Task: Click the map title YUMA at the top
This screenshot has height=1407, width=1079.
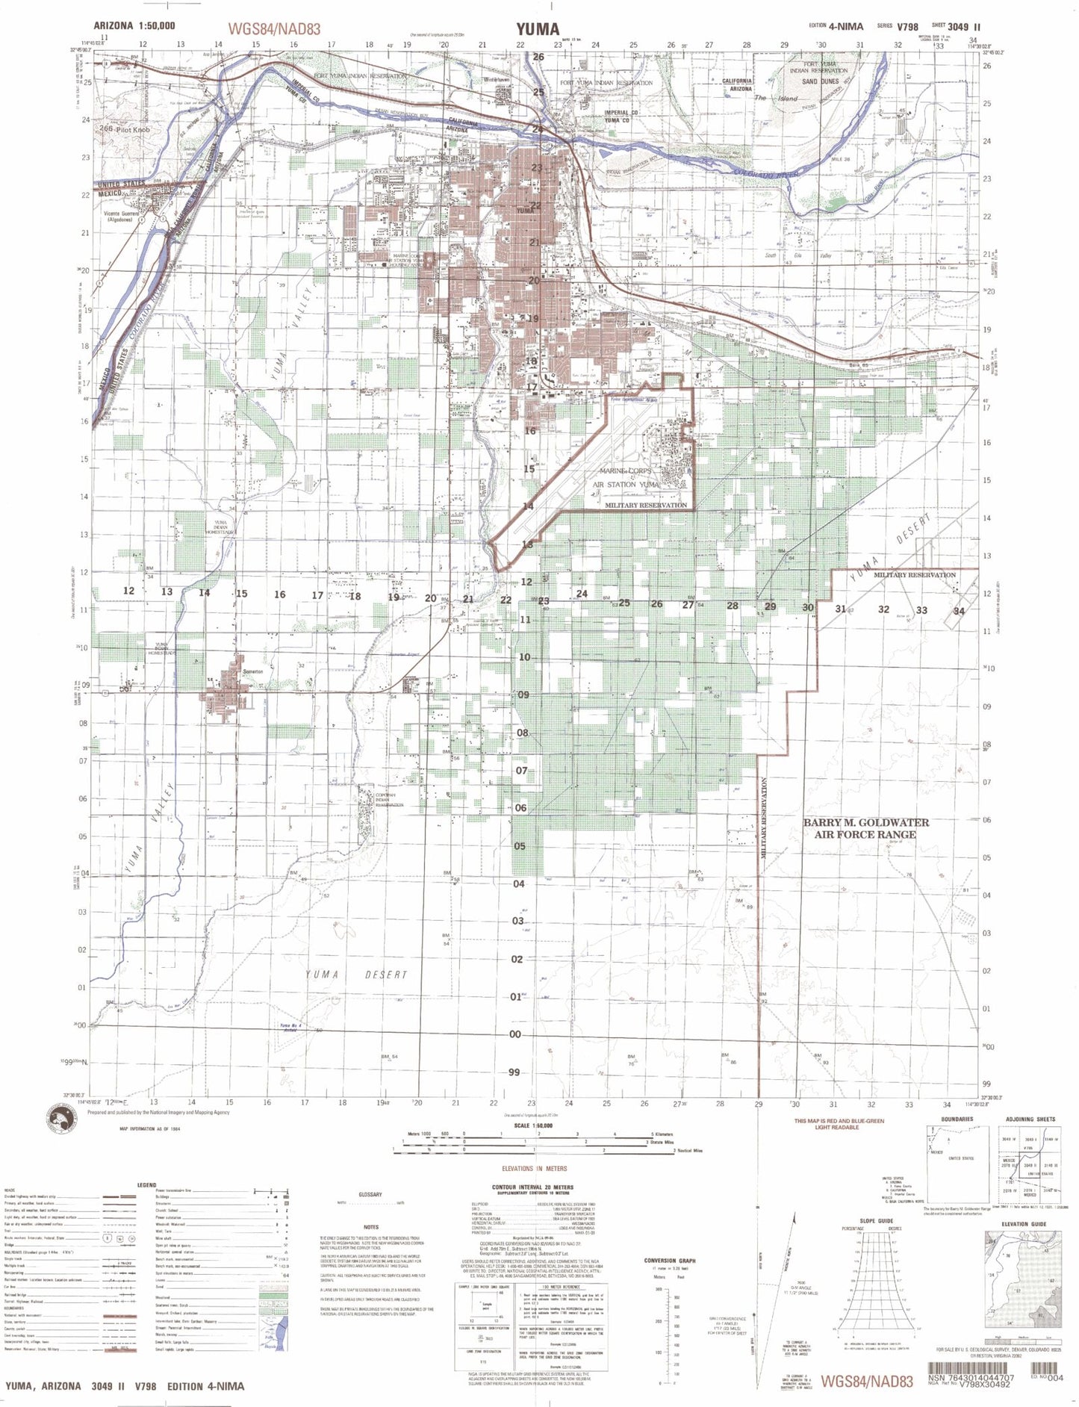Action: tap(537, 29)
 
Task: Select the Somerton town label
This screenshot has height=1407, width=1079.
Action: tap(253, 671)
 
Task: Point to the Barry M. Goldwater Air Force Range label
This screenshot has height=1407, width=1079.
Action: tap(865, 828)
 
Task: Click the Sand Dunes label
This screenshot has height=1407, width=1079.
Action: tap(820, 81)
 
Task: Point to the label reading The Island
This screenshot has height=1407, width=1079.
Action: tap(775, 98)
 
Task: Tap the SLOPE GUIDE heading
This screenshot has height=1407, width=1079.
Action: tap(875, 1221)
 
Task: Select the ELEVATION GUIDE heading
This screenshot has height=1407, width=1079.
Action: tap(1024, 1224)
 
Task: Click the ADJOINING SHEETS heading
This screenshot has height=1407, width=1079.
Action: tap(1030, 1119)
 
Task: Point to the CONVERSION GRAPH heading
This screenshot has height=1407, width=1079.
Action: tap(669, 1261)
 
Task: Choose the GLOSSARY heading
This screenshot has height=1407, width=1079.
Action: tap(370, 1194)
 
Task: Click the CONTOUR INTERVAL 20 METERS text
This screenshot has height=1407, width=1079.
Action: tap(532, 1187)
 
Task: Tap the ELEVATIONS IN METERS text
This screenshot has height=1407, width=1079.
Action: tap(534, 1169)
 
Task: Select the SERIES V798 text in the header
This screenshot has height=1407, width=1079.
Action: tap(898, 27)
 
